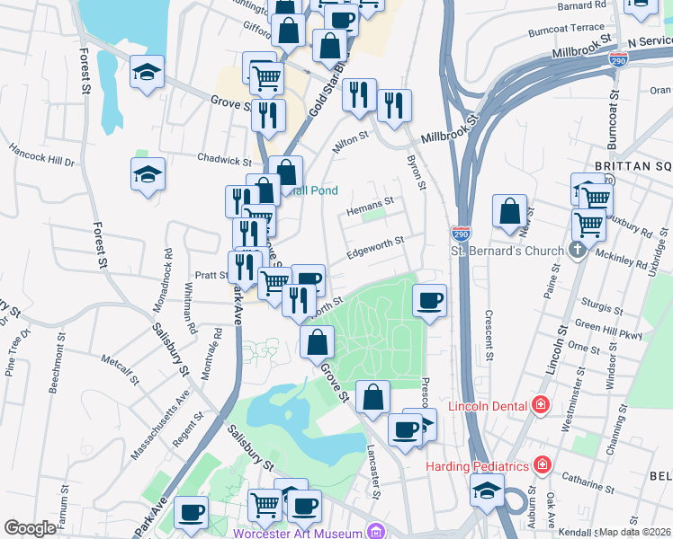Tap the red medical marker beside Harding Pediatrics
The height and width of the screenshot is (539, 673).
click(x=542, y=465)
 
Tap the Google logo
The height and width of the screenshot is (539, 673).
click(x=30, y=528)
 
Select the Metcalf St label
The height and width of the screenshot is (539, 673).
click(x=121, y=369)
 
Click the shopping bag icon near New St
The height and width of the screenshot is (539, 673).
click(x=509, y=212)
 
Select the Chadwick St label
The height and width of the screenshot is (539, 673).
click(x=225, y=160)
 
